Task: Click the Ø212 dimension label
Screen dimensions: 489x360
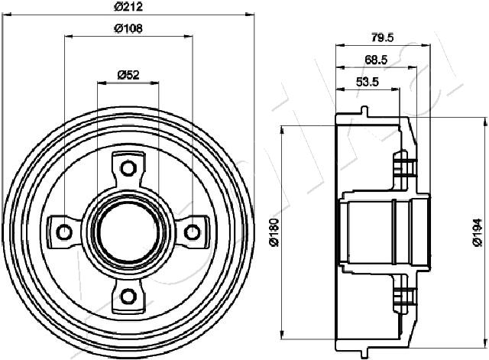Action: [128, 6]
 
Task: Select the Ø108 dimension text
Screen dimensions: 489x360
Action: [128, 28]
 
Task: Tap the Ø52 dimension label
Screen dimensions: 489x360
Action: [128, 75]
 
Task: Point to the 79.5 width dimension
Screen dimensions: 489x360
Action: [383, 37]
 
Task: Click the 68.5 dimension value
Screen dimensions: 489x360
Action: [376, 60]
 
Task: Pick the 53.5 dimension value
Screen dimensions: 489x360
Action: [368, 82]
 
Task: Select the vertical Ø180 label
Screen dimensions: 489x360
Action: [274, 232]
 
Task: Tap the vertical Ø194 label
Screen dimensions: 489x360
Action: [478, 232]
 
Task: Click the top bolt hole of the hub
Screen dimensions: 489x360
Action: [128, 168]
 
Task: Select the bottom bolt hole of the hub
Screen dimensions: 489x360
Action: [128, 296]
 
